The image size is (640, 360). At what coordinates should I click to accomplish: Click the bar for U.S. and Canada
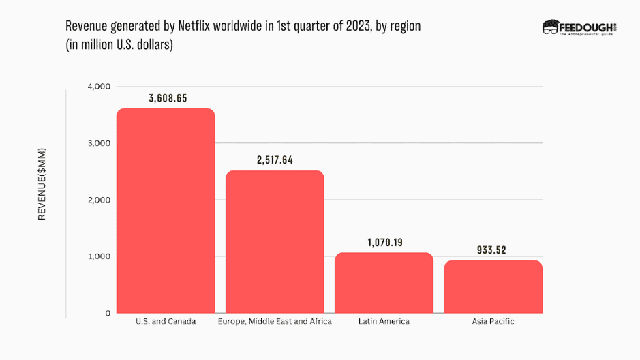(166, 211)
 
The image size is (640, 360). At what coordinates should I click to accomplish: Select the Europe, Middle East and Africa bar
(275, 241)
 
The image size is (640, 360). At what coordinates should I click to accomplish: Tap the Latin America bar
(384, 282)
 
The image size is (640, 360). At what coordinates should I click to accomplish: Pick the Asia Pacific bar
(493, 286)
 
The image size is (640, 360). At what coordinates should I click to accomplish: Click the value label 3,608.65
(168, 98)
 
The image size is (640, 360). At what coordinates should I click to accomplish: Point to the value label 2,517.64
(276, 160)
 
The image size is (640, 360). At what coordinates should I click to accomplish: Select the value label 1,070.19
(384, 242)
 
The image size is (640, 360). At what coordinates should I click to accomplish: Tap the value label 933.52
(493, 250)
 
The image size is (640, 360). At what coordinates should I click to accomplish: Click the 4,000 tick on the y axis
(98, 87)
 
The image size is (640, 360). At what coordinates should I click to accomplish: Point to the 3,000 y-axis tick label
(98, 143)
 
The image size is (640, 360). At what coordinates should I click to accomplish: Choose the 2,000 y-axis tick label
(98, 200)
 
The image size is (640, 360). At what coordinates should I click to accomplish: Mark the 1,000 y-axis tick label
(98, 256)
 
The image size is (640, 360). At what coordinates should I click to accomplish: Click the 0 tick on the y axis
(107, 313)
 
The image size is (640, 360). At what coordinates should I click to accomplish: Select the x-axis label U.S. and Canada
(166, 321)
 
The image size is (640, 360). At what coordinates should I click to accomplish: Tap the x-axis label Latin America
(384, 321)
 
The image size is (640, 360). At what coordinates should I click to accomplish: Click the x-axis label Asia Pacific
(493, 321)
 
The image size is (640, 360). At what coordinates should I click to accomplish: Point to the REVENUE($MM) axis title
(42, 183)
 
